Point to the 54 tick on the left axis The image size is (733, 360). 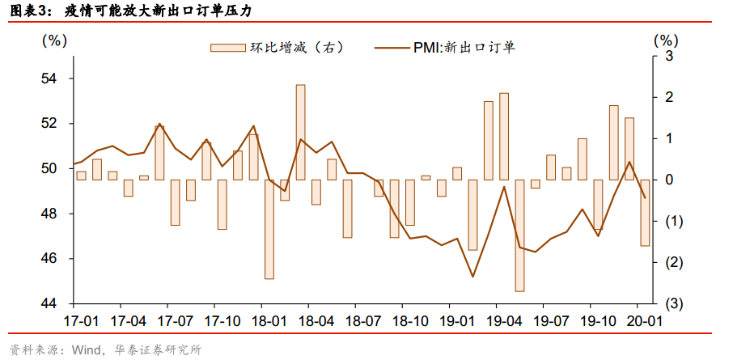click(x=51, y=78)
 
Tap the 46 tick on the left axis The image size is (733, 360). click(x=51, y=258)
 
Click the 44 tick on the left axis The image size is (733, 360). click(x=51, y=303)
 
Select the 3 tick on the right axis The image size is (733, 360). click(x=669, y=56)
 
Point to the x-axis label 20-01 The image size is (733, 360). click(x=644, y=320)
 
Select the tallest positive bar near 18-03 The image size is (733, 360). click(x=300, y=132)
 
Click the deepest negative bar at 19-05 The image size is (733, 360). click(x=519, y=235)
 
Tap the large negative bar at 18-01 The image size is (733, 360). click(x=269, y=229)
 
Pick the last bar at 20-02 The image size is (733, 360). click(x=645, y=213)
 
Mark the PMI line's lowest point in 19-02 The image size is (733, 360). click(x=472, y=277)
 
